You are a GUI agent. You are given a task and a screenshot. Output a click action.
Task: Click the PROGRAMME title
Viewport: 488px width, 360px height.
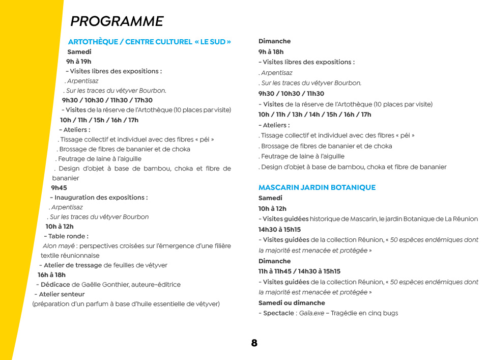(x=117, y=21)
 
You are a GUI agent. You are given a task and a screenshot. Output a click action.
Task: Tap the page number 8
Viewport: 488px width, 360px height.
(x=254, y=343)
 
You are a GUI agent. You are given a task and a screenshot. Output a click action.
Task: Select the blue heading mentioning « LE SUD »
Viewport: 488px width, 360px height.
(x=150, y=42)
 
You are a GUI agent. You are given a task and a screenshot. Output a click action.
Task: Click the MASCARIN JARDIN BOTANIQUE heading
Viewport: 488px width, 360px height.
(x=317, y=187)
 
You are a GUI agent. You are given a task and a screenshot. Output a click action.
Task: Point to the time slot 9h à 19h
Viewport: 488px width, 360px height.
(x=78, y=62)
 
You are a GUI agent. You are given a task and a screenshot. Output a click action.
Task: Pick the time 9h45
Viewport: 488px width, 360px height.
(x=59, y=188)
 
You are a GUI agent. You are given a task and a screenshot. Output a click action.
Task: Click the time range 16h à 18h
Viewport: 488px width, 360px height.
(x=51, y=275)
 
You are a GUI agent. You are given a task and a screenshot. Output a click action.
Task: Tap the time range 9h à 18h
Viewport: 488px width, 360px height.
(x=271, y=52)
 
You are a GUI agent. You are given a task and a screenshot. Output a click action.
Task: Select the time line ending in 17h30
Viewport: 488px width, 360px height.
(x=107, y=100)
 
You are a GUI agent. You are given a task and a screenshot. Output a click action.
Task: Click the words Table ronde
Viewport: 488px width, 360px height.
(x=68, y=236)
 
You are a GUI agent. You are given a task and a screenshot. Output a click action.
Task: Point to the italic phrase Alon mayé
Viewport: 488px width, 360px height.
(x=55, y=246)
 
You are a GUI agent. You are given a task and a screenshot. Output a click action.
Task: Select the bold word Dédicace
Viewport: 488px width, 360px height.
(x=55, y=285)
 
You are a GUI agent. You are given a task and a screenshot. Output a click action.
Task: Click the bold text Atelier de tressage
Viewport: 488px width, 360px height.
(x=72, y=265)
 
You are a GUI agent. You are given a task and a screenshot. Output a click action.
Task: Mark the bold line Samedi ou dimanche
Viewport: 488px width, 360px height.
(x=291, y=303)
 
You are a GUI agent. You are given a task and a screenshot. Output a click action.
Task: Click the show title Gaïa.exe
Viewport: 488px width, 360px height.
(x=311, y=313)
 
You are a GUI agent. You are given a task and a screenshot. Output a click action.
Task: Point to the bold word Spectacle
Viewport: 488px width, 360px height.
(x=278, y=313)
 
